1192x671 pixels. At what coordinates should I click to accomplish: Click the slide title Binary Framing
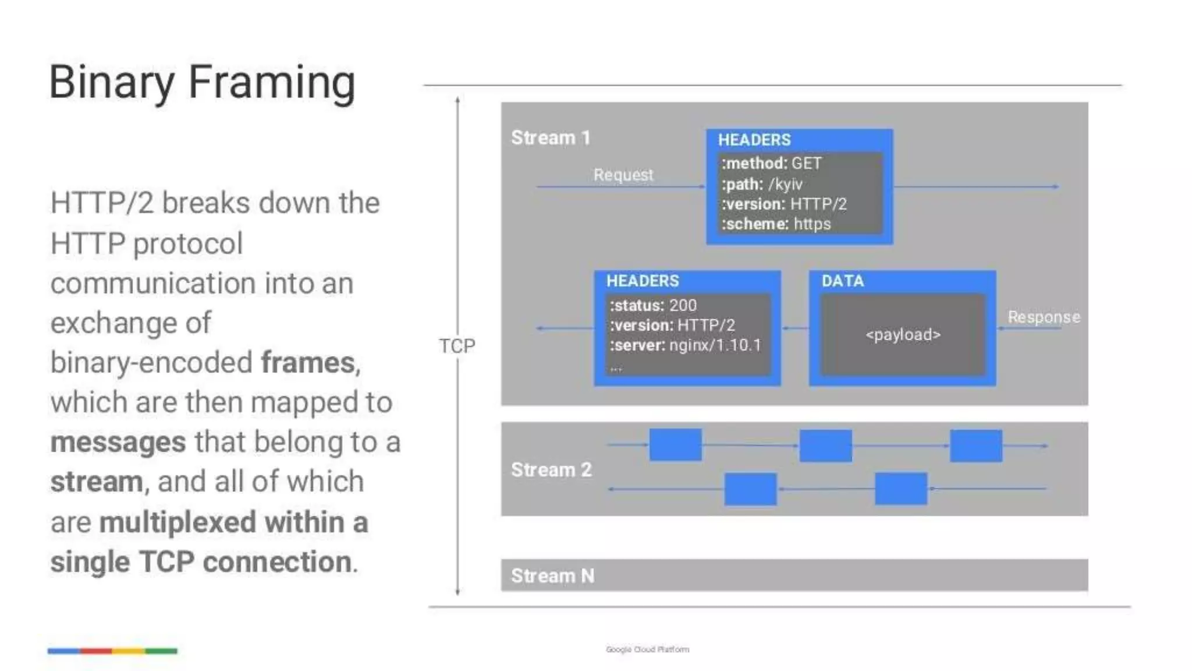[202, 82]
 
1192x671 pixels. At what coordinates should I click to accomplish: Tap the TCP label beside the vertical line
[457, 346]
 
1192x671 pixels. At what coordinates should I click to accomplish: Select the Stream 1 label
[551, 138]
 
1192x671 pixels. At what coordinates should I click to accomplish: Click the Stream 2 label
[551, 469]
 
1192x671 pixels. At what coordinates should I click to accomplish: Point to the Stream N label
[552, 575]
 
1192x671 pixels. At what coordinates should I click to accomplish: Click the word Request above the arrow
[623, 175]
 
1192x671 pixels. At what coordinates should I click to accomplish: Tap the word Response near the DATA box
[1044, 317]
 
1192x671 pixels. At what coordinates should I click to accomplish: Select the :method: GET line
[771, 164]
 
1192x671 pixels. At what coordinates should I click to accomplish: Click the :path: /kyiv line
[762, 184]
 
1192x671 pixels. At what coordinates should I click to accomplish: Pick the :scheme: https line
[776, 224]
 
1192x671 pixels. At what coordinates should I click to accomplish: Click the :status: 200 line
[652, 305]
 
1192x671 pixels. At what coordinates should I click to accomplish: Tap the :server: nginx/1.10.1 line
[685, 345]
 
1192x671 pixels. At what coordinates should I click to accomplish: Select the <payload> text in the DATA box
[903, 335]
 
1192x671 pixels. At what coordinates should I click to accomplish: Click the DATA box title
[842, 281]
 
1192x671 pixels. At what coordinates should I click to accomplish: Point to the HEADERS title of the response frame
[643, 281]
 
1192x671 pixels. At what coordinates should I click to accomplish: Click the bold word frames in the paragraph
[308, 363]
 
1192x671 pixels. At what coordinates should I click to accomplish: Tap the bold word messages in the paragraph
[118, 442]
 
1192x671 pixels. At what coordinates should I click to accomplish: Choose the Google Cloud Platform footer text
[647, 649]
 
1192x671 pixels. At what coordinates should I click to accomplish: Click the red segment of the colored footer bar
[96, 651]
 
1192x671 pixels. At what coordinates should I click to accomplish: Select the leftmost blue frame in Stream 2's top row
[675, 445]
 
